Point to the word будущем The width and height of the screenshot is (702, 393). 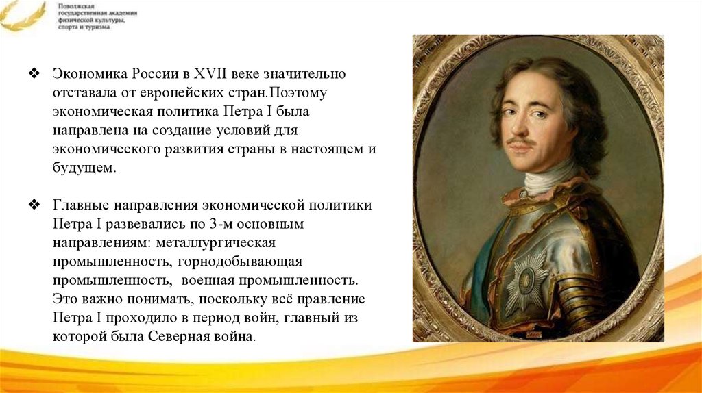84,168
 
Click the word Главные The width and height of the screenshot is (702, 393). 81,205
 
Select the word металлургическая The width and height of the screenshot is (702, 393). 216,243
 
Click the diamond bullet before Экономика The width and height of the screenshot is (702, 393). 34,73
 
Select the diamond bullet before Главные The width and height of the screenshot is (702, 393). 34,205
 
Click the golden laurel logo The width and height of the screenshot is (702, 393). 23,16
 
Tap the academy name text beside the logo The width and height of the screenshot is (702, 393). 97,17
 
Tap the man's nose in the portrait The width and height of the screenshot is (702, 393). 520,125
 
